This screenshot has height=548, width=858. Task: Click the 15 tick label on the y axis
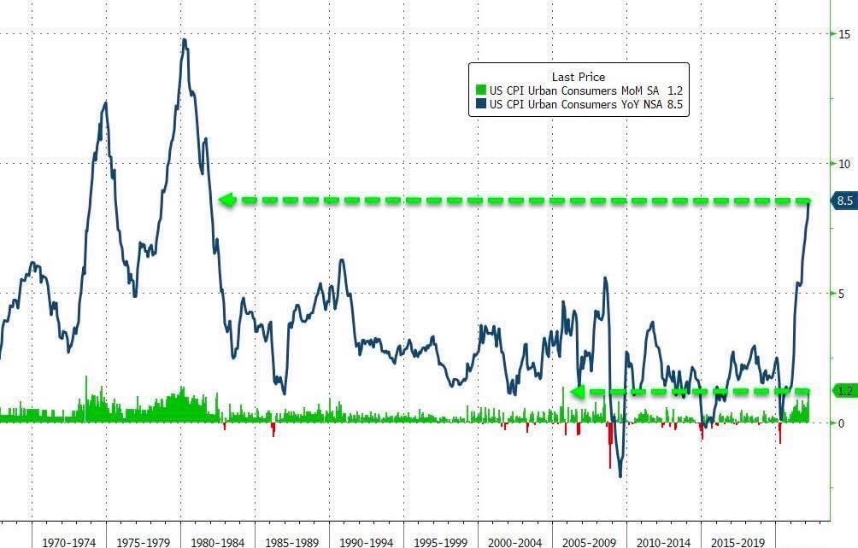point(844,33)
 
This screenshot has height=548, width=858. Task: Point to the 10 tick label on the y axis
point(844,163)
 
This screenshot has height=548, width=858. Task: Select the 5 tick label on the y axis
point(843,294)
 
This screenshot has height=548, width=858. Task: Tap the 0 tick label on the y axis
point(841,423)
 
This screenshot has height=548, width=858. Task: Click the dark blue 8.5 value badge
point(845,201)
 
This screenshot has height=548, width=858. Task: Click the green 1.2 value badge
point(845,391)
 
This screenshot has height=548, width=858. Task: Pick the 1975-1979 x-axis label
point(144,540)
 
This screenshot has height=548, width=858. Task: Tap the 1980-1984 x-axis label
point(219,540)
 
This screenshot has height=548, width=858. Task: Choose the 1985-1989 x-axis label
point(293,540)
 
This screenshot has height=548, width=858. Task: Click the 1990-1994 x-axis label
point(367,540)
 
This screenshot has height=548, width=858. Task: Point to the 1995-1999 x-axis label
point(442,540)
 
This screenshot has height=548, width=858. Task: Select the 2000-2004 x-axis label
point(516,540)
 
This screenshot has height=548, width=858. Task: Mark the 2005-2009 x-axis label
point(591,540)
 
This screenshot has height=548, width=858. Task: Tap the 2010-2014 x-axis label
point(665,540)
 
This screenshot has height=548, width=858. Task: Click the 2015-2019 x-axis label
point(739,540)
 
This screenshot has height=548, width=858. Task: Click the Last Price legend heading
point(578,77)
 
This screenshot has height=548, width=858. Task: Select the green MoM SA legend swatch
point(480,90)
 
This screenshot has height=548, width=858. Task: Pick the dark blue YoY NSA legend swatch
point(480,105)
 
